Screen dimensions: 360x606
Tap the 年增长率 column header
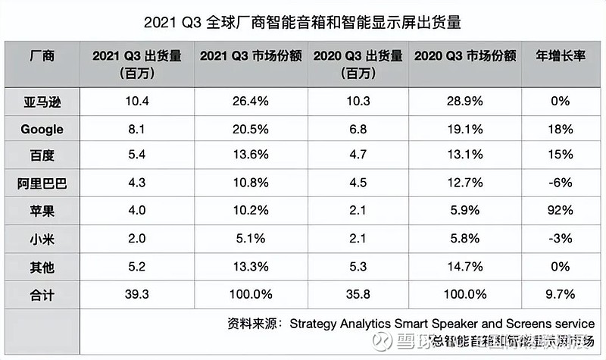(x=563, y=56)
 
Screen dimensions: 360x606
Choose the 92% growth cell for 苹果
(x=562, y=209)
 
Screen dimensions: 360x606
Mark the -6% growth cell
(x=562, y=182)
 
